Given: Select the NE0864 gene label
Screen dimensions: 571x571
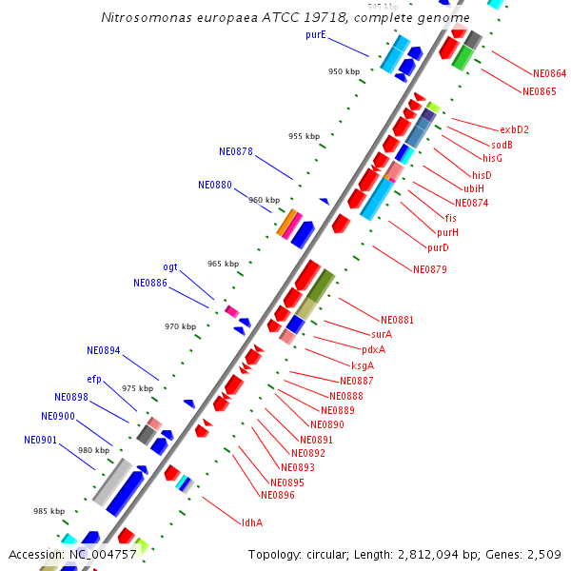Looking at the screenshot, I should point(549,73).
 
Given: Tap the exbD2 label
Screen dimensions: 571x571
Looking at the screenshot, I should point(514,129).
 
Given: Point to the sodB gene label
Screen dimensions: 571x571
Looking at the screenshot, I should point(502,145).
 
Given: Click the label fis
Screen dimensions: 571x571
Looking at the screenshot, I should point(451,218).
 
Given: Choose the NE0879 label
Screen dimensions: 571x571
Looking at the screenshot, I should point(430,269).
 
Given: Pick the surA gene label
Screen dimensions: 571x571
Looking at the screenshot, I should point(382,334).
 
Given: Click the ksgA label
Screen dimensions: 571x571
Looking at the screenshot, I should point(363,365).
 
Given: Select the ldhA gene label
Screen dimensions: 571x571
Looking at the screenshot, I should point(252,522).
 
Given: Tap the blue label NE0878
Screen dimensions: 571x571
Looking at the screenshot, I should point(236,151).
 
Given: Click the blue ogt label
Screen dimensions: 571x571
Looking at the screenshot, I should point(170,267).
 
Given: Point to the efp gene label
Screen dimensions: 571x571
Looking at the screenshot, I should point(94,379).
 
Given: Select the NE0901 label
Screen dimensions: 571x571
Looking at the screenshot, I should point(41,440).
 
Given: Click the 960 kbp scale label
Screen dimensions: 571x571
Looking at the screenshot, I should point(265,200).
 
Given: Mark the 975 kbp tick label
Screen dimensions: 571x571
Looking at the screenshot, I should point(138,388).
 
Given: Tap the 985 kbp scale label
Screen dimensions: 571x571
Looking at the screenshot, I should point(49,511).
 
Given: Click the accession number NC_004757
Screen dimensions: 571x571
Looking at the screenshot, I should point(102,554).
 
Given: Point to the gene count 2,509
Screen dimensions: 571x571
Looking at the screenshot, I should point(542,554).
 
